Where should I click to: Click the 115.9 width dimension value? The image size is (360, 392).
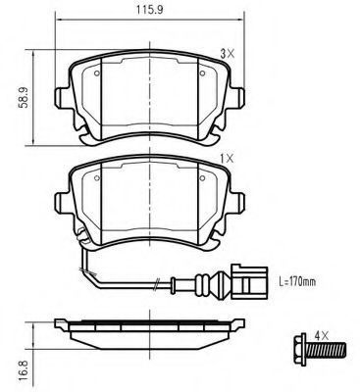[x=149, y=10]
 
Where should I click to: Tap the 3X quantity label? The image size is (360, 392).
[x=228, y=54]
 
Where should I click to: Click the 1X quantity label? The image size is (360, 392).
[x=228, y=159]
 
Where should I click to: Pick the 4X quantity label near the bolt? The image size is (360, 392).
[x=321, y=334]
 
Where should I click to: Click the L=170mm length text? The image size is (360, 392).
[x=297, y=281]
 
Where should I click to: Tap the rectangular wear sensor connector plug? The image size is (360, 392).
[x=249, y=282]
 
